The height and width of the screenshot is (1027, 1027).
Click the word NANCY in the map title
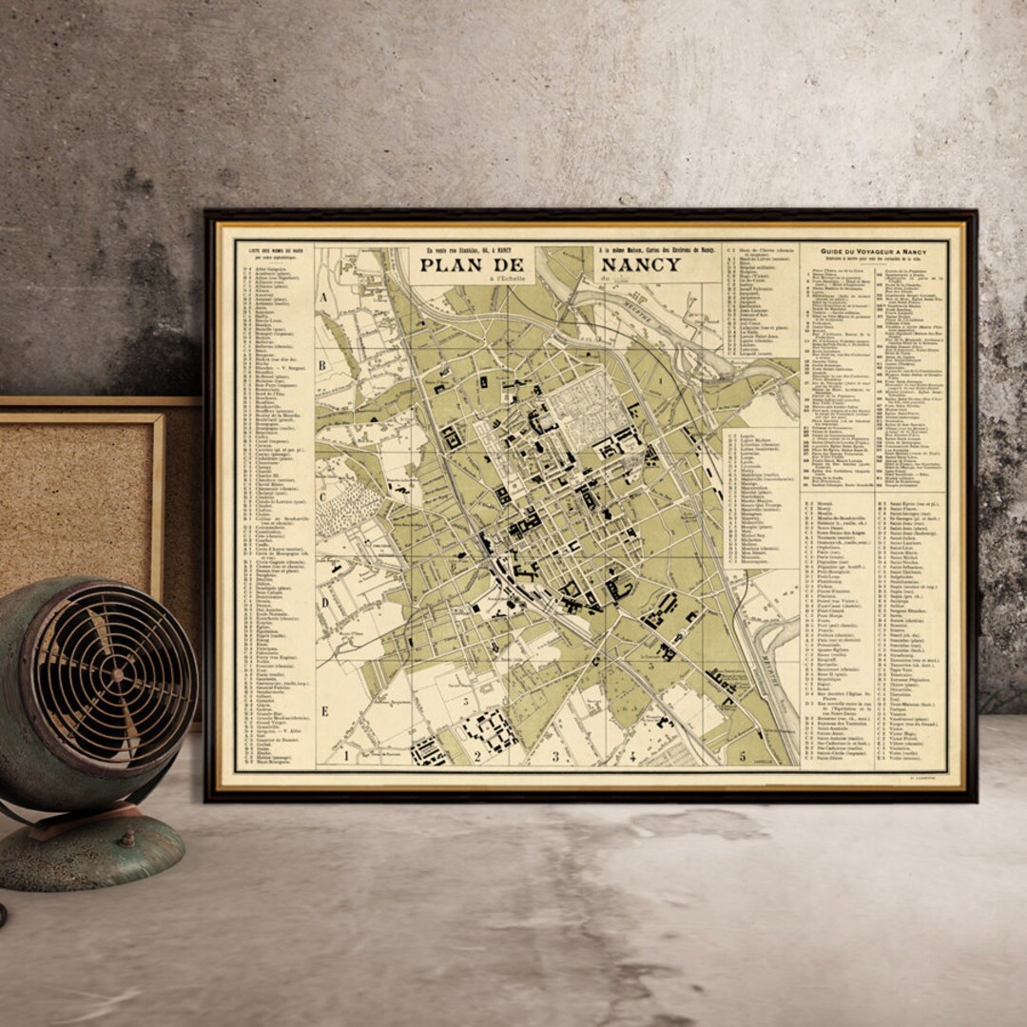pos(638,264)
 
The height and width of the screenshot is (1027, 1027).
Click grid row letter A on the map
pos(323,297)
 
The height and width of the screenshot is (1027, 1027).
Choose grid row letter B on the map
pos(322,364)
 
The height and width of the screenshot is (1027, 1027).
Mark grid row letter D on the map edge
pos(323,601)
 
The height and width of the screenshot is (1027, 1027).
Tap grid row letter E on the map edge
pos(323,710)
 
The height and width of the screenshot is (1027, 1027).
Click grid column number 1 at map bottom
pos(347,756)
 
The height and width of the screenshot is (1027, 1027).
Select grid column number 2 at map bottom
pos(477,757)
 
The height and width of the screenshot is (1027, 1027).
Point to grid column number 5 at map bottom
pos(742,757)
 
